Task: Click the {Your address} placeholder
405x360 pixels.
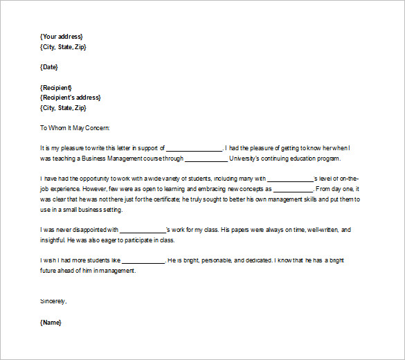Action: (x=62, y=36)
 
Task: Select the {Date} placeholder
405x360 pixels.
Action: (x=49, y=66)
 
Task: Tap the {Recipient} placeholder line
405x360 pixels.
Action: (x=57, y=87)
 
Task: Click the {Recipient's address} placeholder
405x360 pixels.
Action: (x=70, y=97)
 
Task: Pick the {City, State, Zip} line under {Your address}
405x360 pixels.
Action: (x=63, y=46)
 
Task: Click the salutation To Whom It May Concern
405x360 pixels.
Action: (x=75, y=127)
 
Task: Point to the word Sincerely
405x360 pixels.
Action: (x=53, y=301)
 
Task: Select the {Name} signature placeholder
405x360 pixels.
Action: (x=51, y=322)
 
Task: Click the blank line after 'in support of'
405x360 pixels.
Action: (x=194, y=148)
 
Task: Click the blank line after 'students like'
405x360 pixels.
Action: (x=143, y=260)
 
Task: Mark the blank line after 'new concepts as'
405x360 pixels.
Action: (x=294, y=189)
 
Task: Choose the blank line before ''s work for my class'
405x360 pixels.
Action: (x=144, y=230)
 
